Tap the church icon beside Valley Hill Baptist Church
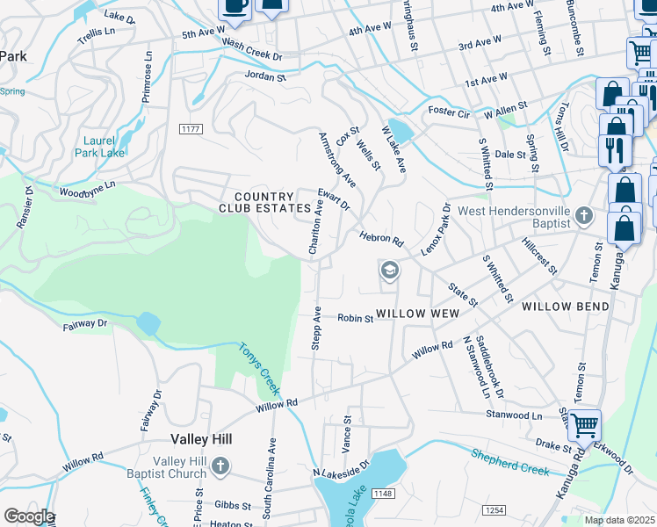pos(220,465)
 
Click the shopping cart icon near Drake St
pos(584,425)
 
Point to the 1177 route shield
pos(191,129)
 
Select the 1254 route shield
pos(494,510)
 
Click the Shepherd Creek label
pos(510,463)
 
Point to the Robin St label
pos(356,319)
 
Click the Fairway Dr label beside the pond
pos(84,325)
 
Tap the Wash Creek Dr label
pos(251,49)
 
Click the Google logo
pos(29,516)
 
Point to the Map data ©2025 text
pos(620,520)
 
